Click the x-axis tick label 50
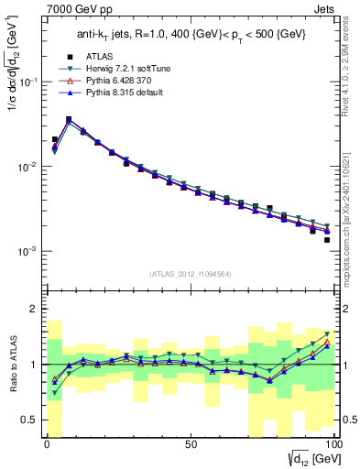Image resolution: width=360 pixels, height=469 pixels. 191,443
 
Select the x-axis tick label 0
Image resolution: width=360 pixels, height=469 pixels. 48,443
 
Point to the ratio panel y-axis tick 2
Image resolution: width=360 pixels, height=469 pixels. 36,309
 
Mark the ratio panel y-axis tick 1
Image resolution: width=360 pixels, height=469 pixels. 36,365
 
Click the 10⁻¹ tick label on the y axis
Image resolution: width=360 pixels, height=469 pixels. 30,82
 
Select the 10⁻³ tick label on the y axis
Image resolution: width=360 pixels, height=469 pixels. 30,251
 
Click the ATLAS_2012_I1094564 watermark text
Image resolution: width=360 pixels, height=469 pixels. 191,273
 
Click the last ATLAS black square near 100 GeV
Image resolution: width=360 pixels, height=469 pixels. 326,240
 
